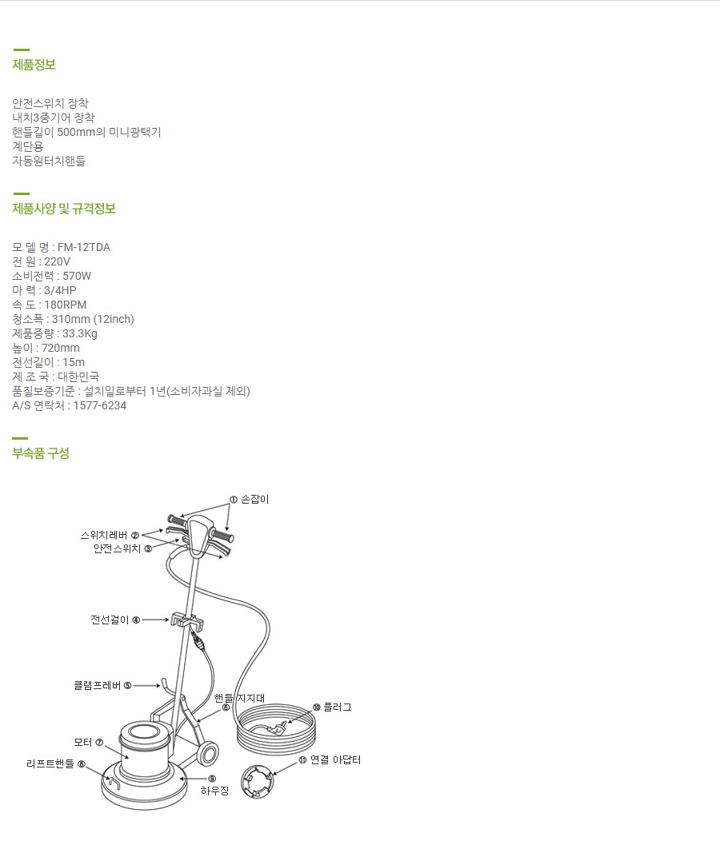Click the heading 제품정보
34,65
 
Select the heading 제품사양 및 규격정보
64,209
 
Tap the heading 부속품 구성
41,453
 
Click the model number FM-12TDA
84,247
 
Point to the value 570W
77,276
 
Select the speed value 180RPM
65,305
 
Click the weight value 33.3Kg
79,333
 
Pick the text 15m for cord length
73,362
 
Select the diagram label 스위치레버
104,535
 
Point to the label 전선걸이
110,620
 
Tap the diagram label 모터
83,742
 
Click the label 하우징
214,791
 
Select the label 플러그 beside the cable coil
337,707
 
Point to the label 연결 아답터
335,759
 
